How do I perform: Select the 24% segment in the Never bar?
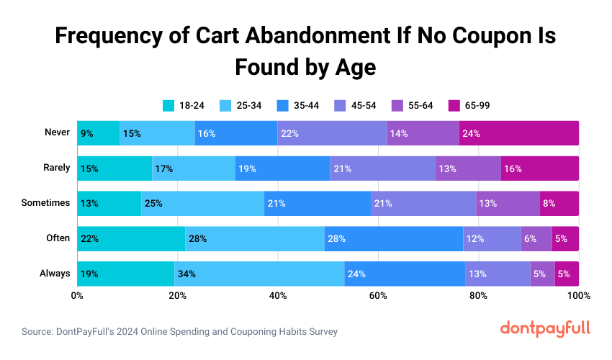pos(518,133)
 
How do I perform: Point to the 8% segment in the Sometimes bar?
pos(559,203)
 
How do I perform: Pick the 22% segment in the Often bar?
pos(131,238)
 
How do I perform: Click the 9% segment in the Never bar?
pos(99,133)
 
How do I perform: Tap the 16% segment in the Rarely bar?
pos(539,168)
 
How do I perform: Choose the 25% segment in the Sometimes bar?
pos(203,203)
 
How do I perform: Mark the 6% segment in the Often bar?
pos(536,238)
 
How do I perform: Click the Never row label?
pos(57,132)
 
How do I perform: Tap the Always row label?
pos(55,273)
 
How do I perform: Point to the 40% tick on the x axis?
pos(278,296)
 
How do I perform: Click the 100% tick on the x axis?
pos(578,296)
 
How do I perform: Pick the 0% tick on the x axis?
pos(77,296)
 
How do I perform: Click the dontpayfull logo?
pos(545,328)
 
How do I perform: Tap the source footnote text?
pos(179,332)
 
